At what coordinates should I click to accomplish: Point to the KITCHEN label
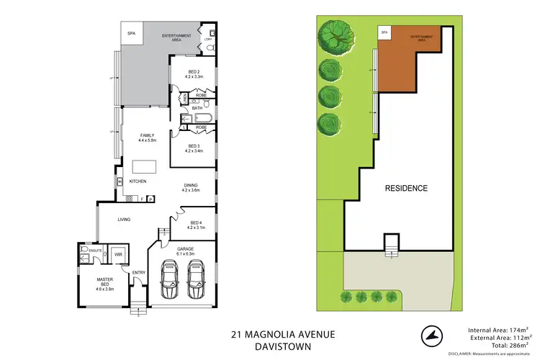137,181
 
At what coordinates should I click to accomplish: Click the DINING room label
189,186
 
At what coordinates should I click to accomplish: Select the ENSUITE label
86,249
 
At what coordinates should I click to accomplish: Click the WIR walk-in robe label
118,255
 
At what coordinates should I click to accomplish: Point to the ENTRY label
138,272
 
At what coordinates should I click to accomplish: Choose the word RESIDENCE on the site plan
405,189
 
